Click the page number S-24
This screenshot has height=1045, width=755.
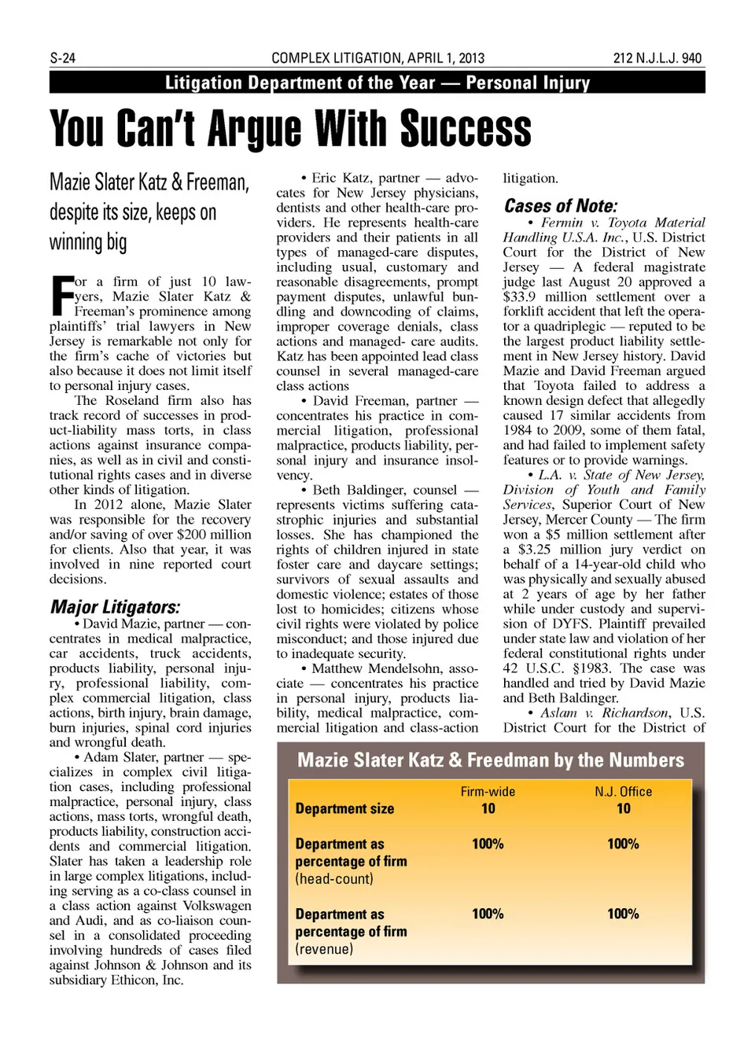click(62, 58)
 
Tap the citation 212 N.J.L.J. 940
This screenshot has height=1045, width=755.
click(657, 58)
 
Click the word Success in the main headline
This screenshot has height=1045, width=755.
click(465, 128)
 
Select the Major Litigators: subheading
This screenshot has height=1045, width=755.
click(115, 607)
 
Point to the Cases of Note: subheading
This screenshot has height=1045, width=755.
click(560, 206)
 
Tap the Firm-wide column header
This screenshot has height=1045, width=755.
click(488, 792)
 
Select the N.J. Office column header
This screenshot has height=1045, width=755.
click(623, 792)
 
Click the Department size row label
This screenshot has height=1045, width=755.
click(344, 808)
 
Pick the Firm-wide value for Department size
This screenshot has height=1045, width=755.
click(488, 808)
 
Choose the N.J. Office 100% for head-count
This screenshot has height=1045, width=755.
click(623, 844)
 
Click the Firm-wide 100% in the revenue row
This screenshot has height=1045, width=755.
click(488, 914)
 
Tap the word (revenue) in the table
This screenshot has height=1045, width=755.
click(324, 949)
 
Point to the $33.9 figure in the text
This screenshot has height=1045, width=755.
click(520, 297)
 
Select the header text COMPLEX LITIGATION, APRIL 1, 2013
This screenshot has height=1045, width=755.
click(377, 58)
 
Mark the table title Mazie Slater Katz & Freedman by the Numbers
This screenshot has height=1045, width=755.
click(490, 760)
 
